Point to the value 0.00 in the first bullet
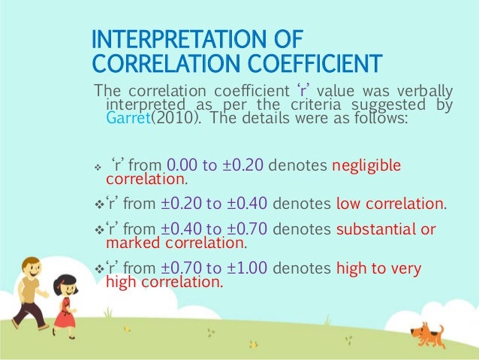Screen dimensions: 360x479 tap(181, 165)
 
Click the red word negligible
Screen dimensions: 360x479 tap(366, 165)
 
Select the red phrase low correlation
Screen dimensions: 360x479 tap(390, 204)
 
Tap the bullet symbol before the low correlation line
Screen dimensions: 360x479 tap(99, 204)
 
